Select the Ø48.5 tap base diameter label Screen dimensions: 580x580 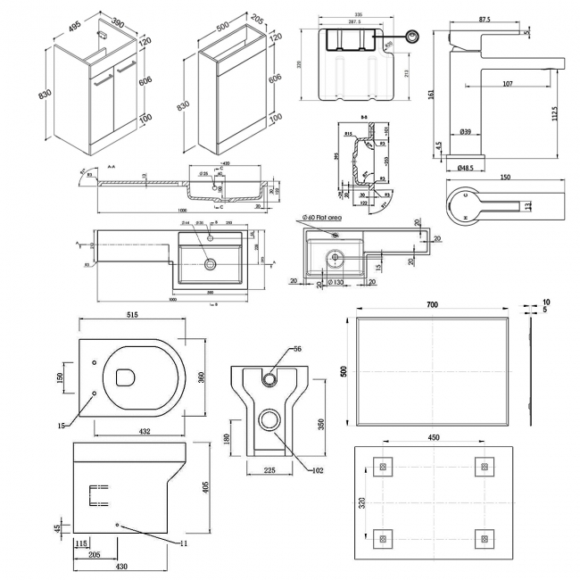pyautogui.click(x=467, y=168)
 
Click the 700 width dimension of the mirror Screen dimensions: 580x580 pyautogui.click(x=432, y=306)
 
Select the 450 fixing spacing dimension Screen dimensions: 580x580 pyautogui.click(x=432, y=438)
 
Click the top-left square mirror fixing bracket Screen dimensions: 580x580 pyautogui.click(x=383, y=465)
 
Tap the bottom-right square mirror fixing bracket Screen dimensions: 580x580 pyautogui.click(x=483, y=538)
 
